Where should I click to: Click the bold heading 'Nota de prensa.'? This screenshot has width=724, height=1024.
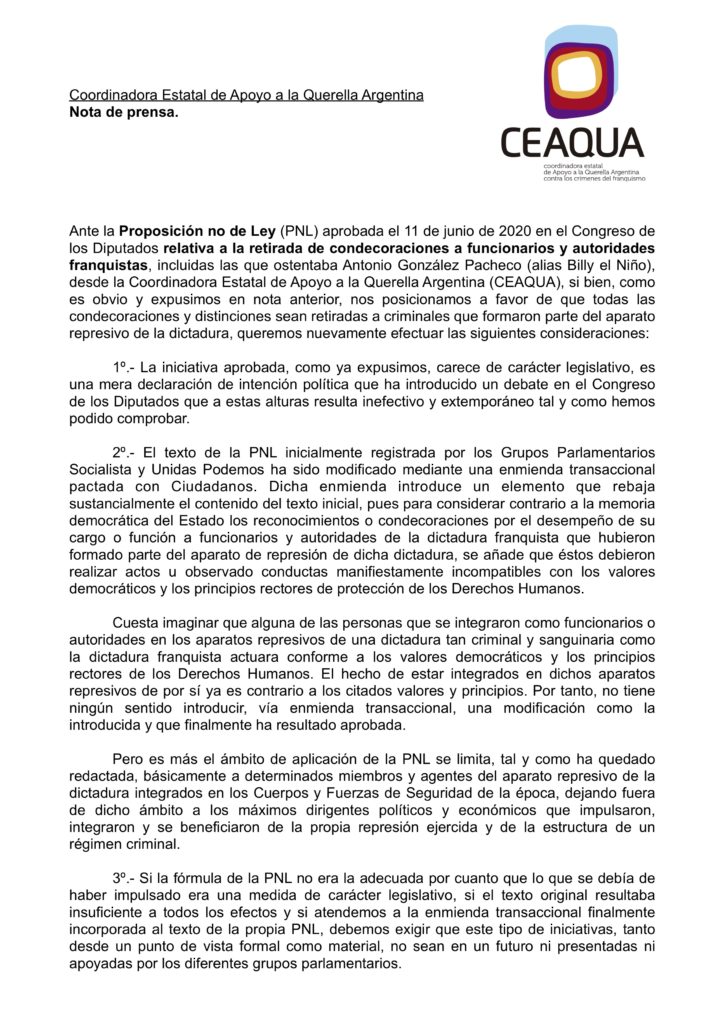(x=124, y=112)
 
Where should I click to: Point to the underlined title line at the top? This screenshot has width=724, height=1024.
(x=246, y=95)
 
